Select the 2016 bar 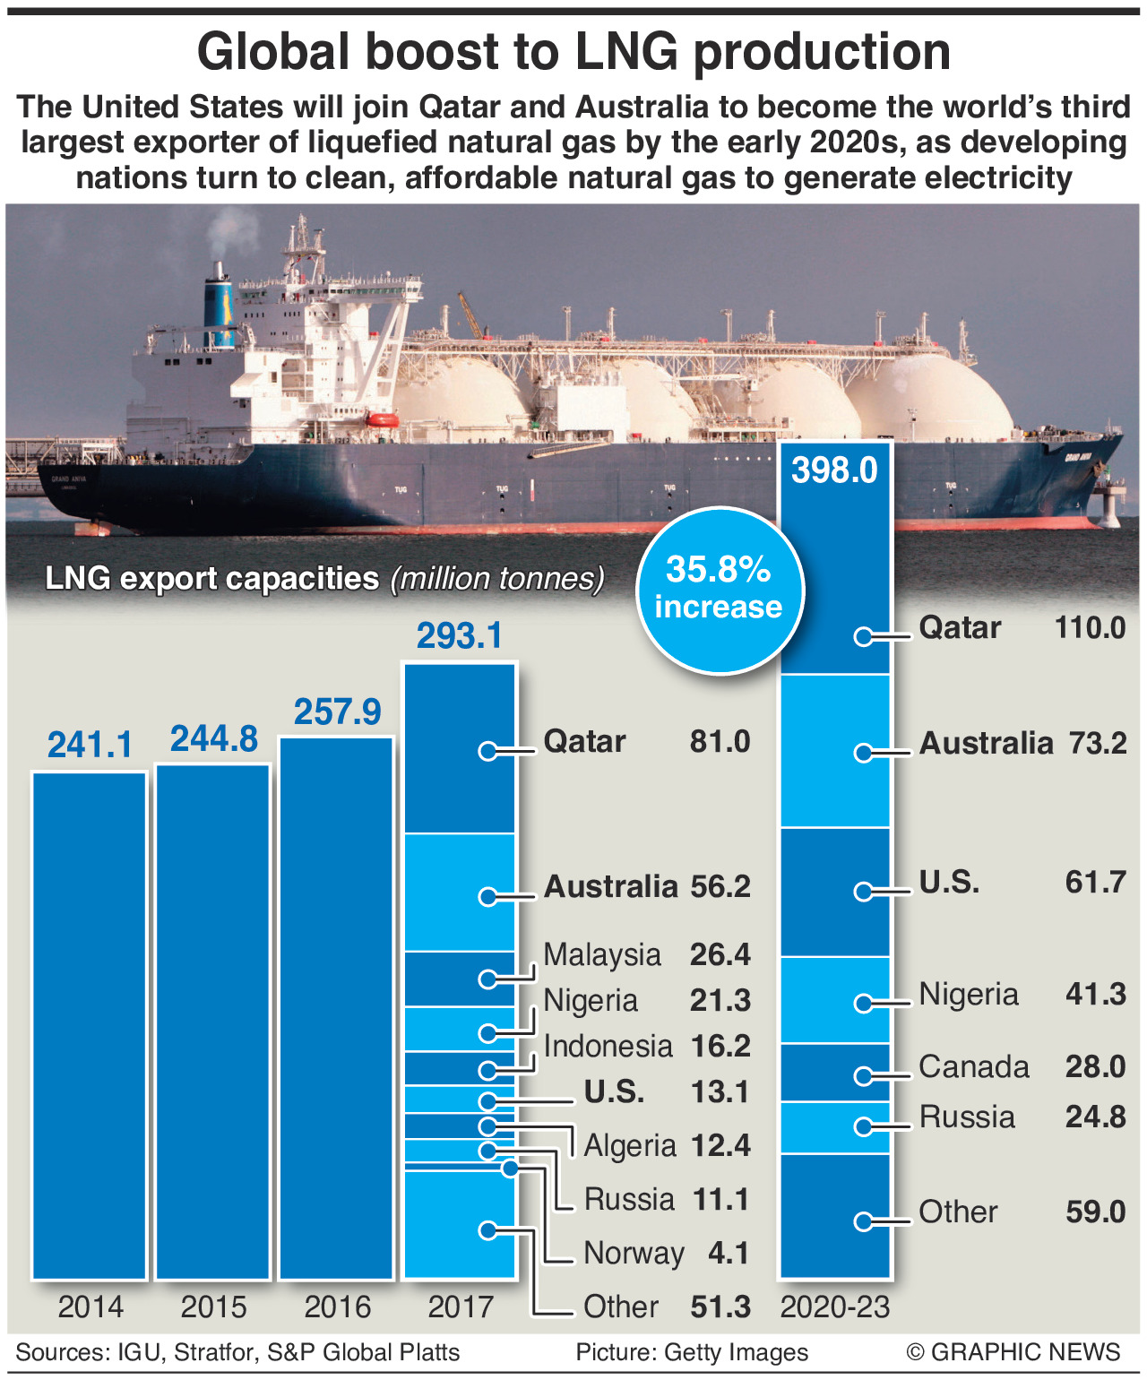pyautogui.click(x=337, y=1007)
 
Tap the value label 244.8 pyautogui.click(x=214, y=739)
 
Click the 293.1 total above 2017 pyautogui.click(x=460, y=635)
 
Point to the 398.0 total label pyautogui.click(x=834, y=470)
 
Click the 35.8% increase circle pyautogui.click(x=720, y=590)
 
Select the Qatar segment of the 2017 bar pyautogui.click(x=460, y=748)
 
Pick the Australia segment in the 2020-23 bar pyautogui.click(x=834, y=751)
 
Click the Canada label pyautogui.click(x=974, y=1066)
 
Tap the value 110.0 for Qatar pyautogui.click(x=1090, y=627)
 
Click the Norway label pyautogui.click(x=634, y=1253)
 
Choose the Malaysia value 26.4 pyautogui.click(x=720, y=954)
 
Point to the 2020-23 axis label pyautogui.click(x=834, y=1307)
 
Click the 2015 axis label pyautogui.click(x=213, y=1307)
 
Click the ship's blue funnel pyautogui.click(x=218, y=309)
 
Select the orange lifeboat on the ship pyautogui.click(x=380, y=419)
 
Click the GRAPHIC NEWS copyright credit pyautogui.click(x=1013, y=1352)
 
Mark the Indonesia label pyautogui.click(x=608, y=1046)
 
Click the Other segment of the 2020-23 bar pyautogui.click(x=834, y=1215)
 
